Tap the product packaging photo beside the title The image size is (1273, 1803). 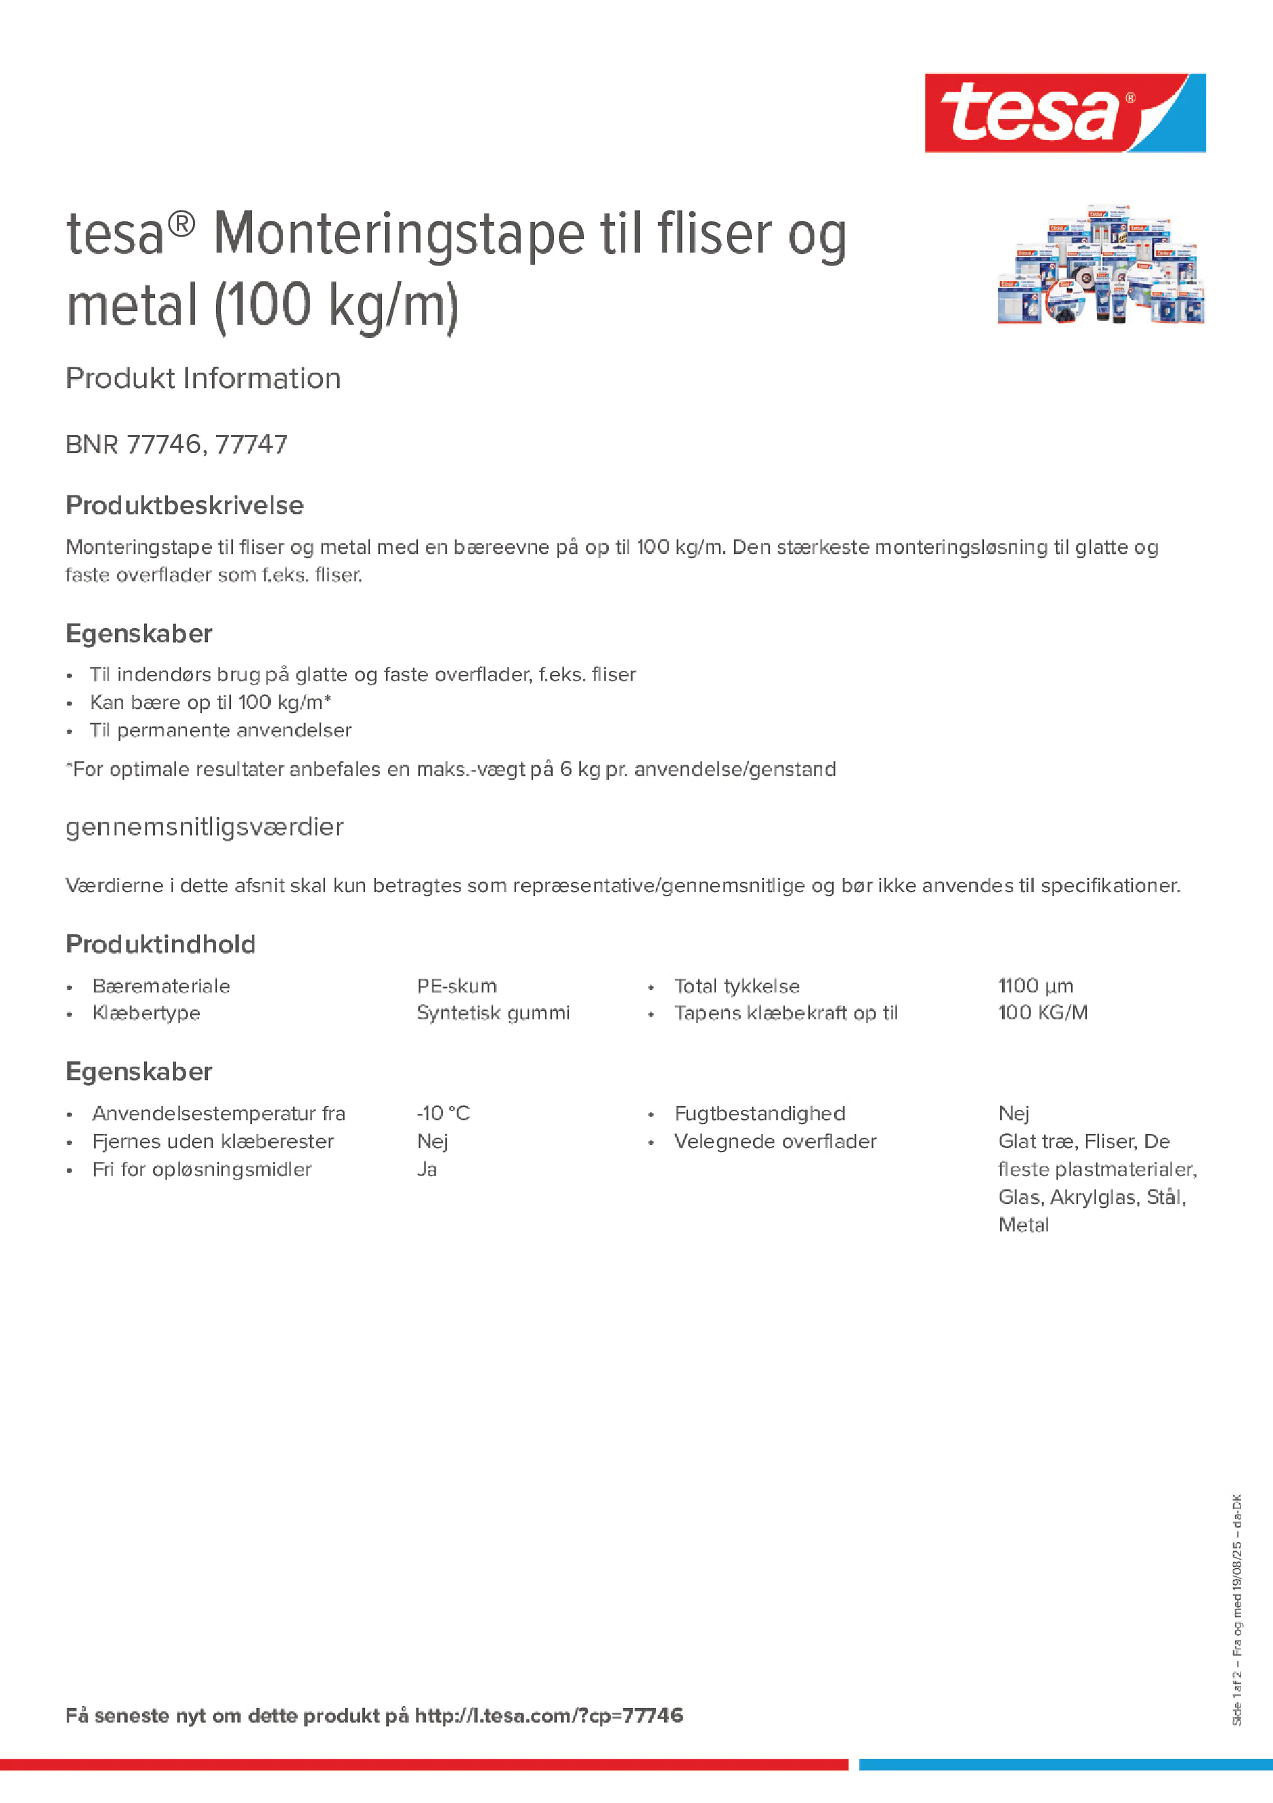click(1100, 265)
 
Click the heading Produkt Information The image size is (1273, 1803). click(203, 379)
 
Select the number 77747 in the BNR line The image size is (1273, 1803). click(251, 444)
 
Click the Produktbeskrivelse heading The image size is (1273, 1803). click(184, 505)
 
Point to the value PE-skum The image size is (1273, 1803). click(457, 986)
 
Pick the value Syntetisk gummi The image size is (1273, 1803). click(493, 1013)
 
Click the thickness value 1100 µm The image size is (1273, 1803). click(1036, 986)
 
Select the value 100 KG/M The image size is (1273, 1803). click(1043, 1013)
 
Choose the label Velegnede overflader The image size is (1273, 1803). click(774, 1141)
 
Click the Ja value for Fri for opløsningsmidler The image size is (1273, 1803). click(427, 1169)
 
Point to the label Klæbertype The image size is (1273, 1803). click(146, 1013)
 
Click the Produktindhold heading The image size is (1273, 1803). click(161, 944)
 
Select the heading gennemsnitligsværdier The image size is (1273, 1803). click(204, 827)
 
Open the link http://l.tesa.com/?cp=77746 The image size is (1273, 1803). click(548, 1716)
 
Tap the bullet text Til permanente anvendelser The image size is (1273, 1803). click(221, 730)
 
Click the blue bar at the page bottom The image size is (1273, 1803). click(1066, 1765)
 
